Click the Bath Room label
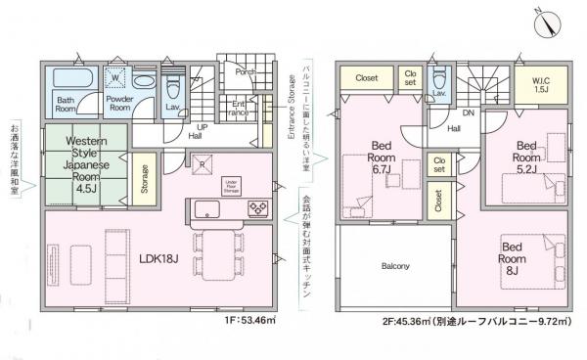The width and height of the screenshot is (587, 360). tap(66, 104)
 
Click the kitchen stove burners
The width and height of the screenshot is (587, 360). tap(258, 207)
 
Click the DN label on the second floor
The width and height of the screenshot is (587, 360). tap(468, 113)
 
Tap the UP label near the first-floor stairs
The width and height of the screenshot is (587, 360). tap(203, 128)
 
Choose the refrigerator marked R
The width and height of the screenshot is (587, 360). tap(202, 163)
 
